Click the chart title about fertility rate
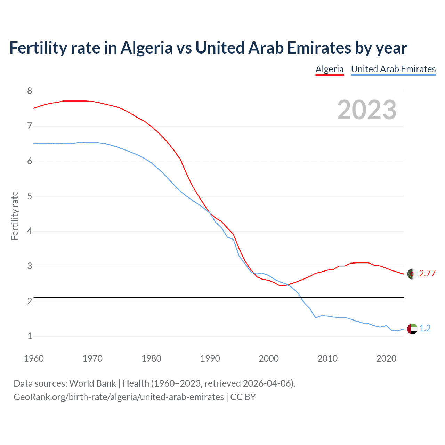(208, 48)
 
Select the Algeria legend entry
(329, 69)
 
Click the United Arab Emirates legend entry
(393, 69)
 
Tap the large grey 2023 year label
(366, 110)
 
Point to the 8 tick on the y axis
(30, 91)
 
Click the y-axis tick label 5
(30, 196)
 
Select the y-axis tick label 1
(30, 336)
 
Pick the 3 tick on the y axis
(30, 266)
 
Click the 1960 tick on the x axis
(34, 358)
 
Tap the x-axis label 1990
(210, 358)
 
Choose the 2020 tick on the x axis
(386, 358)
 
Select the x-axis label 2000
(269, 358)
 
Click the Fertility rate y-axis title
(15, 216)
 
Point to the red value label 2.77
(427, 274)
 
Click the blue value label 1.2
(425, 329)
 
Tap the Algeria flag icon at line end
(412, 274)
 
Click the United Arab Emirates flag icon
(412, 329)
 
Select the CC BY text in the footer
(243, 397)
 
